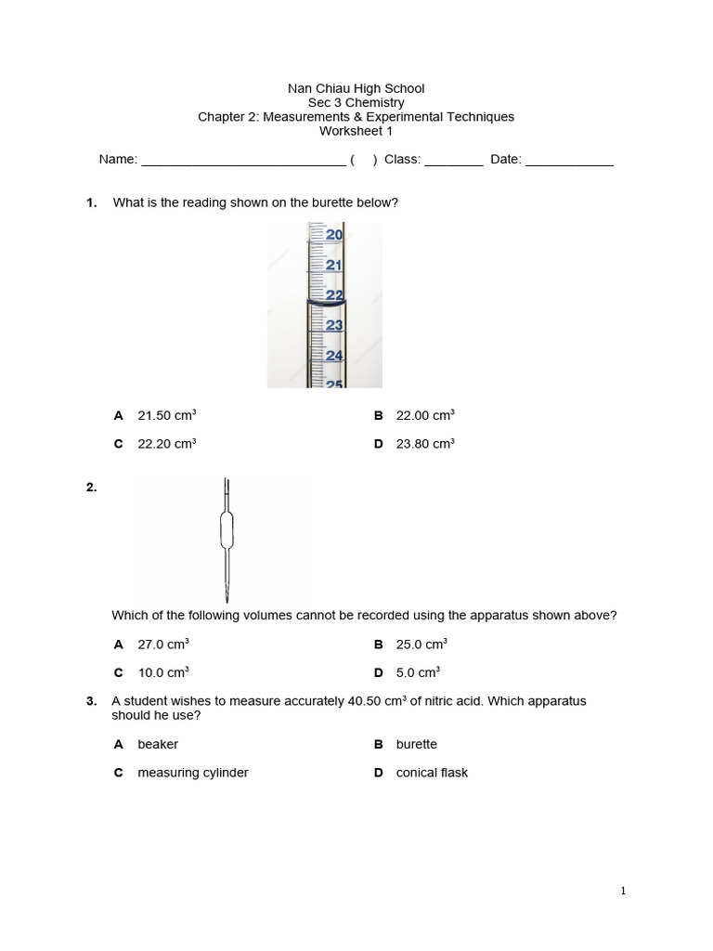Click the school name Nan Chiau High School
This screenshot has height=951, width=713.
point(356,88)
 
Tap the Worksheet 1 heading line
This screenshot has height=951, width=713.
point(356,131)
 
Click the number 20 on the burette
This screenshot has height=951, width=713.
point(333,236)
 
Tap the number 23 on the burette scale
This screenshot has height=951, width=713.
point(334,325)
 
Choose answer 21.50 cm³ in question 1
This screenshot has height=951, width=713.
point(166,416)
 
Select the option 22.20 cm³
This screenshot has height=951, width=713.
point(166,444)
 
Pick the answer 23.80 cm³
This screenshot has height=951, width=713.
point(425,444)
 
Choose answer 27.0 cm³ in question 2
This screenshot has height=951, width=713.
point(163,644)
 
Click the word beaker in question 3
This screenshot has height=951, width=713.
point(158,744)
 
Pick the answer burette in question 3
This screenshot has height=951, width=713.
point(416,744)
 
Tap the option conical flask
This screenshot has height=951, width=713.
point(432,773)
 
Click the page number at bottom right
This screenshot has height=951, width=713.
point(623,892)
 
